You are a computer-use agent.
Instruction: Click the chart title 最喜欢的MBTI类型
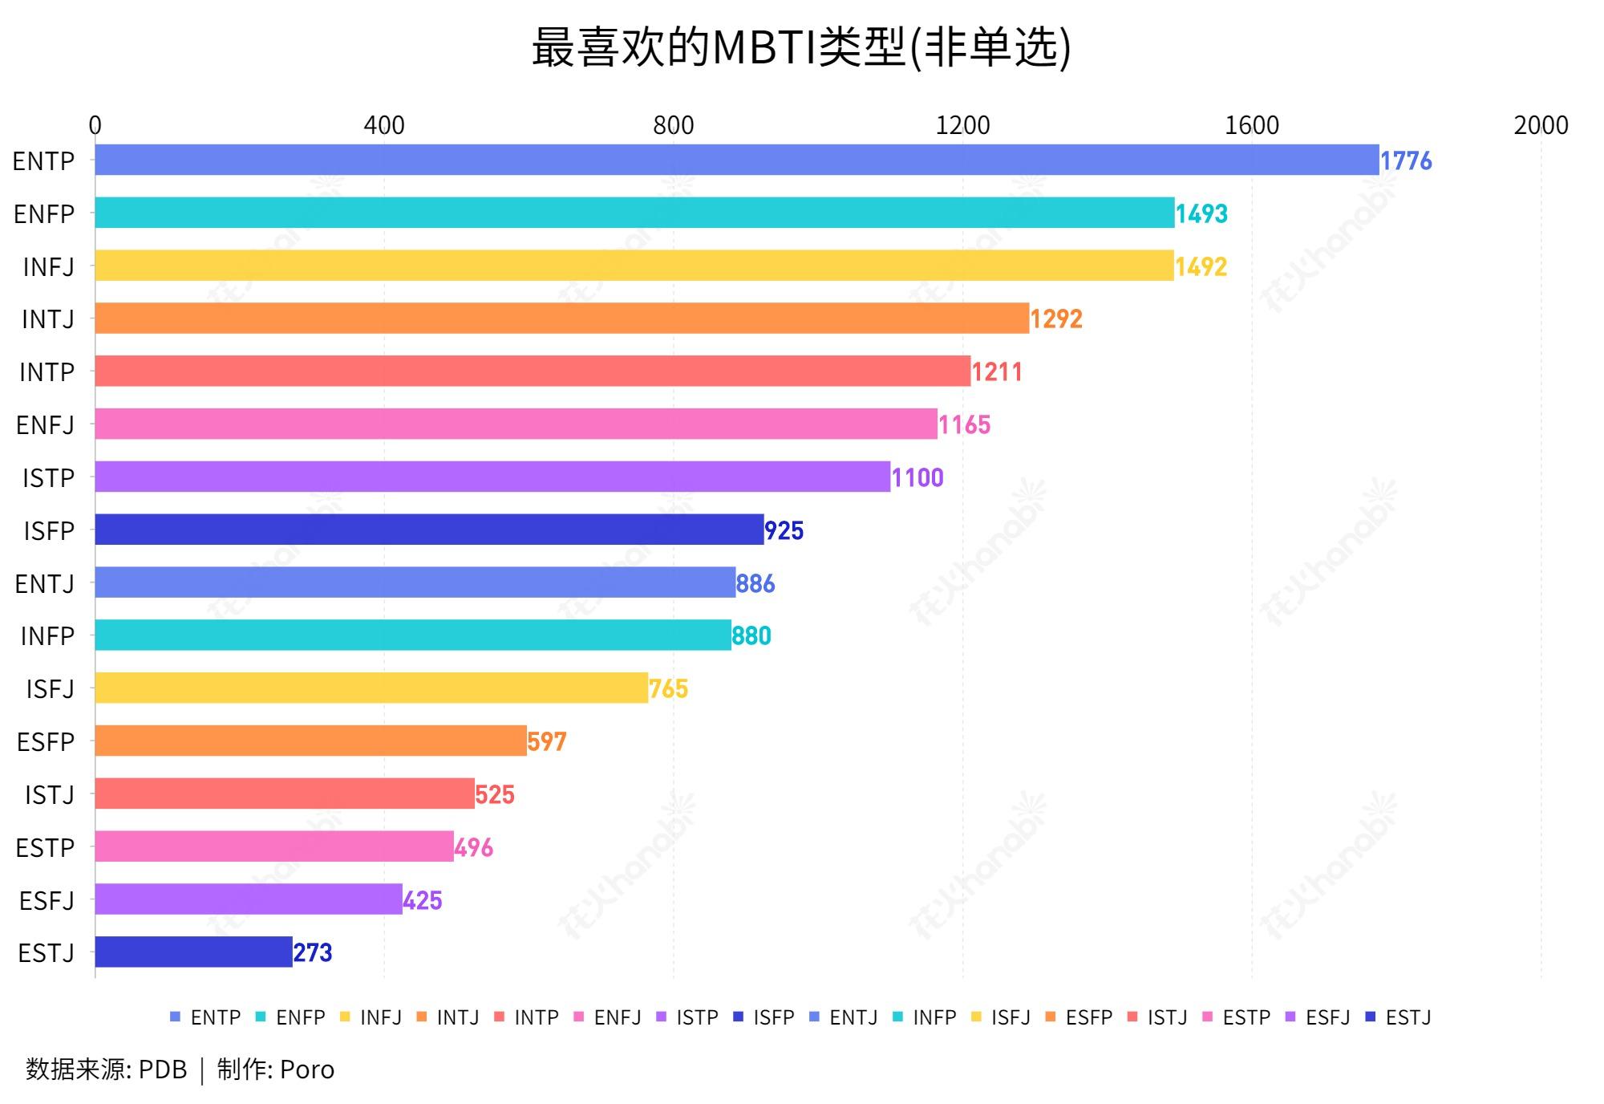pos(800,47)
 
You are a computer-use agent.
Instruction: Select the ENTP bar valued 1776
pos(736,160)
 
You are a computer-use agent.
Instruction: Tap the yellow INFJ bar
pos(634,266)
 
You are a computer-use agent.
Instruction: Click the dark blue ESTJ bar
pos(193,952)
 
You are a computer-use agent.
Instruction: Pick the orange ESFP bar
pos(310,741)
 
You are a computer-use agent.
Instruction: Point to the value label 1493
pos(1201,213)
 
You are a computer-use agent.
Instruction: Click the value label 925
pos(784,530)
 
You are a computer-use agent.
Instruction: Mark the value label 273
pos(312,952)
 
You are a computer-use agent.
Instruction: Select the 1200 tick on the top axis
pos(962,125)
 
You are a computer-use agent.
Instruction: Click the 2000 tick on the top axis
pos(1540,125)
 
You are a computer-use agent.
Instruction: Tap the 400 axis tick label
pos(384,125)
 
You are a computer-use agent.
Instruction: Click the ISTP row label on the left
pos(48,478)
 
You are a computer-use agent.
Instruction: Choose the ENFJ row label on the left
pos(45,424)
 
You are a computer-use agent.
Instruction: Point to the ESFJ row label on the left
pos(47,900)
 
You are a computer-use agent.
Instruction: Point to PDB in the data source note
pos(163,1069)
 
